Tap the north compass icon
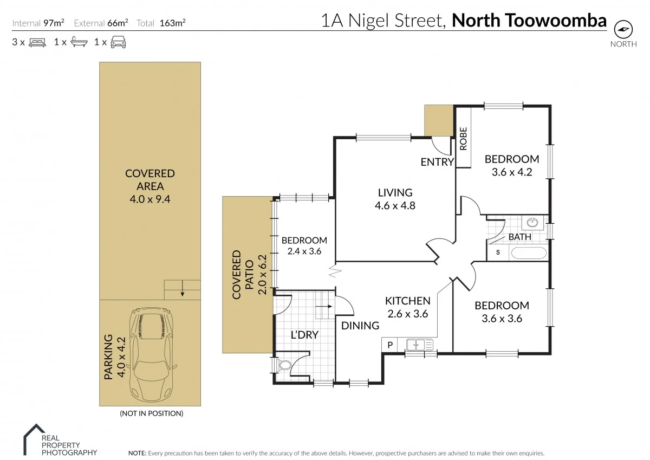(x=623, y=29)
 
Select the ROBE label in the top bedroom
(x=463, y=138)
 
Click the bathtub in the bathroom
(x=529, y=253)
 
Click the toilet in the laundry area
(x=282, y=366)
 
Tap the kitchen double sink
(x=420, y=344)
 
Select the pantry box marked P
(x=389, y=345)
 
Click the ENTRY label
(x=437, y=161)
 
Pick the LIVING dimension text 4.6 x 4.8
(x=395, y=205)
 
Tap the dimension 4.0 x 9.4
(x=150, y=199)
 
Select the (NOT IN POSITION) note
(x=151, y=413)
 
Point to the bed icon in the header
(x=37, y=42)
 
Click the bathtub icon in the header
(x=79, y=42)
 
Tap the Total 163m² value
(x=173, y=23)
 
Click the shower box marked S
(x=497, y=253)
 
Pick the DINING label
(x=360, y=325)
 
